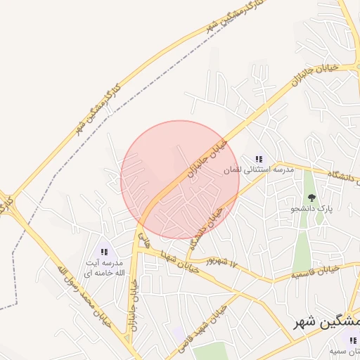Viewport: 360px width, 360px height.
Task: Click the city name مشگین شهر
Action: click(x=326, y=321)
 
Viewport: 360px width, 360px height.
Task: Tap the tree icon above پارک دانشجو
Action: click(x=311, y=198)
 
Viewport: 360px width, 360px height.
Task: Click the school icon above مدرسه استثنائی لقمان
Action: click(x=259, y=159)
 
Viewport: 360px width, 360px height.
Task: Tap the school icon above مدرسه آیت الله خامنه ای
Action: click(x=105, y=251)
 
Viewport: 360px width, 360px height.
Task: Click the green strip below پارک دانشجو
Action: click(x=302, y=246)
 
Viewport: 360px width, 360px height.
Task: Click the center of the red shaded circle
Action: click(x=180, y=180)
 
